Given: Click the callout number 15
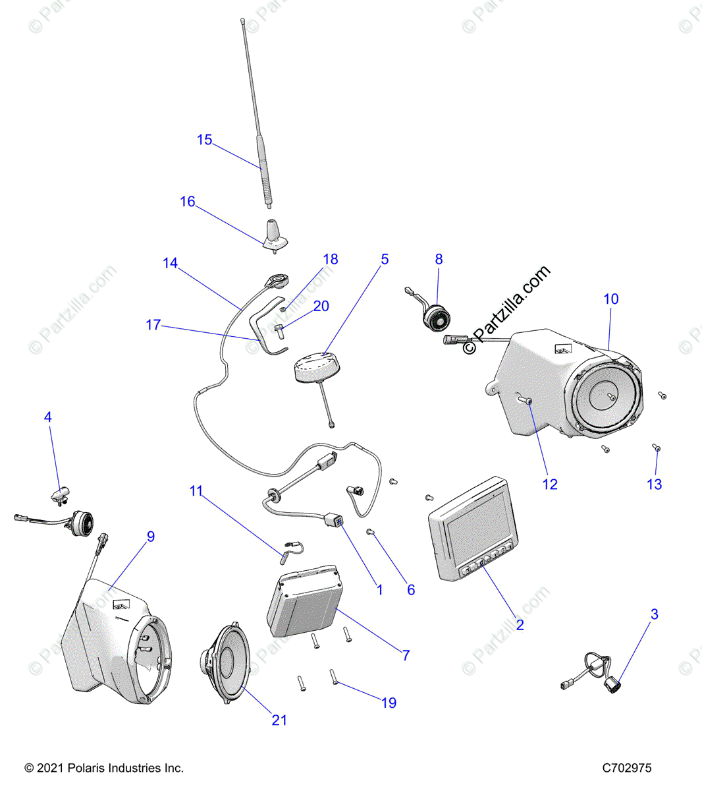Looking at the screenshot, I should point(205,140).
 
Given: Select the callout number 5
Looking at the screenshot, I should point(385,259).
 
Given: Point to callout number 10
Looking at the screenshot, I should point(611,299).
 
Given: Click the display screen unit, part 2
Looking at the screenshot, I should point(474,529).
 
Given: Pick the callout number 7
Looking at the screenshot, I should point(406,655).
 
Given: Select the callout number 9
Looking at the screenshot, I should point(151,537).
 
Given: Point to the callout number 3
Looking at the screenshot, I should point(654,614).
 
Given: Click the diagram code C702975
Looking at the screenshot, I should point(626,768).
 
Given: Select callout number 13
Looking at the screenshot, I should point(654,484).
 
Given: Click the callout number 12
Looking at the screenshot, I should point(550,484).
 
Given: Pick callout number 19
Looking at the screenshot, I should point(389,703).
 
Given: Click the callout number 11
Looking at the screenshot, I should point(196,491).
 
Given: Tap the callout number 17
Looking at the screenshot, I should point(153,325).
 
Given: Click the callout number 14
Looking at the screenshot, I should point(171,264).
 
